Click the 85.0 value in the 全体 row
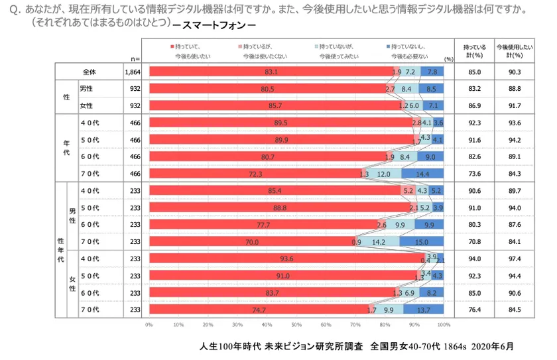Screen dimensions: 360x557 click(474, 72)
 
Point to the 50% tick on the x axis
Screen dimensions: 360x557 click(296, 325)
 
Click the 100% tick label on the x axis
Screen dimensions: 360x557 click(444, 325)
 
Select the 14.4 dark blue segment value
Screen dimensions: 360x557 click(422, 174)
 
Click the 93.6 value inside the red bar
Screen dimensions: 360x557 click(286, 259)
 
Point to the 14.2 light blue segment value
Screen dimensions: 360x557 click(379, 242)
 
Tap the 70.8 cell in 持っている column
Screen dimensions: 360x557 click(474, 242)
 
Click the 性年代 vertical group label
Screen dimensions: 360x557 click(61, 249)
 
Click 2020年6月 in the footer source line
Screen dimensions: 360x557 click(489, 346)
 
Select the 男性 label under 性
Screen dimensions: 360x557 click(86, 89)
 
